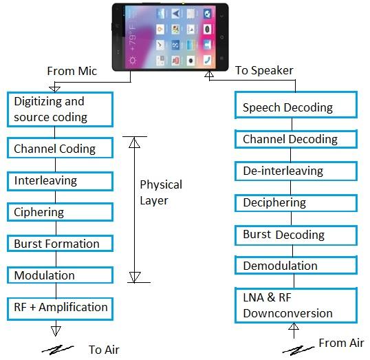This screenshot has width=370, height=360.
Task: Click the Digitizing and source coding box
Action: pyautogui.click(x=61, y=109)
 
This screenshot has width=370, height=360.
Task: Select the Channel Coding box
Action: pyautogui.click(x=61, y=149)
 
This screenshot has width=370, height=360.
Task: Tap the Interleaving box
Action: pyautogui.click(x=61, y=181)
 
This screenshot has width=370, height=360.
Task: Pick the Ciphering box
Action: pyautogui.click(x=61, y=212)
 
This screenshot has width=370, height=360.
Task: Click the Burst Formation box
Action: pyautogui.click(x=61, y=244)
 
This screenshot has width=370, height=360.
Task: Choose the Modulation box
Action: pyautogui.click(x=61, y=275)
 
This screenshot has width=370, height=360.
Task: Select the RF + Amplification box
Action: pyautogui.click(x=61, y=307)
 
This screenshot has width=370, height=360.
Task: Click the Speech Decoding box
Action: pyautogui.click(x=297, y=107)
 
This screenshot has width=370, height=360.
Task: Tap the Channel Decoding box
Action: pyautogui.click(x=297, y=139)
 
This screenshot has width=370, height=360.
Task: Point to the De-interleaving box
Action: pyautogui.click(x=297, y=171)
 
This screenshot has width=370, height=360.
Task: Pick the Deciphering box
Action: pyautogui.click(x=297, y=203)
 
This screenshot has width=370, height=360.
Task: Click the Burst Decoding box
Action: pyautogui.click(x=297, y=235)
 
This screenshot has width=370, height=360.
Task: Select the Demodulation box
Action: pyautogui.click(x=297, y=266)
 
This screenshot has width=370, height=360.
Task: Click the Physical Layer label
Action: pyautogui.click(x=161, y=193)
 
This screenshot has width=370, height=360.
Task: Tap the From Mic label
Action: pyautogui.click(x=71, y=71)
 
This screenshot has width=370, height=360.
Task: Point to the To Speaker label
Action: pyautogui.click(x=263, y=70)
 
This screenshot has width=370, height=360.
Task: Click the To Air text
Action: pyautogui.click(x=104, y=350)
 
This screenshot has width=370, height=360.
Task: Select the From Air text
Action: pyautogui.click(x=341, y=343)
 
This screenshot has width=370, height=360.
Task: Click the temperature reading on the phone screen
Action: pyautogui.click(x=133, y=32)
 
